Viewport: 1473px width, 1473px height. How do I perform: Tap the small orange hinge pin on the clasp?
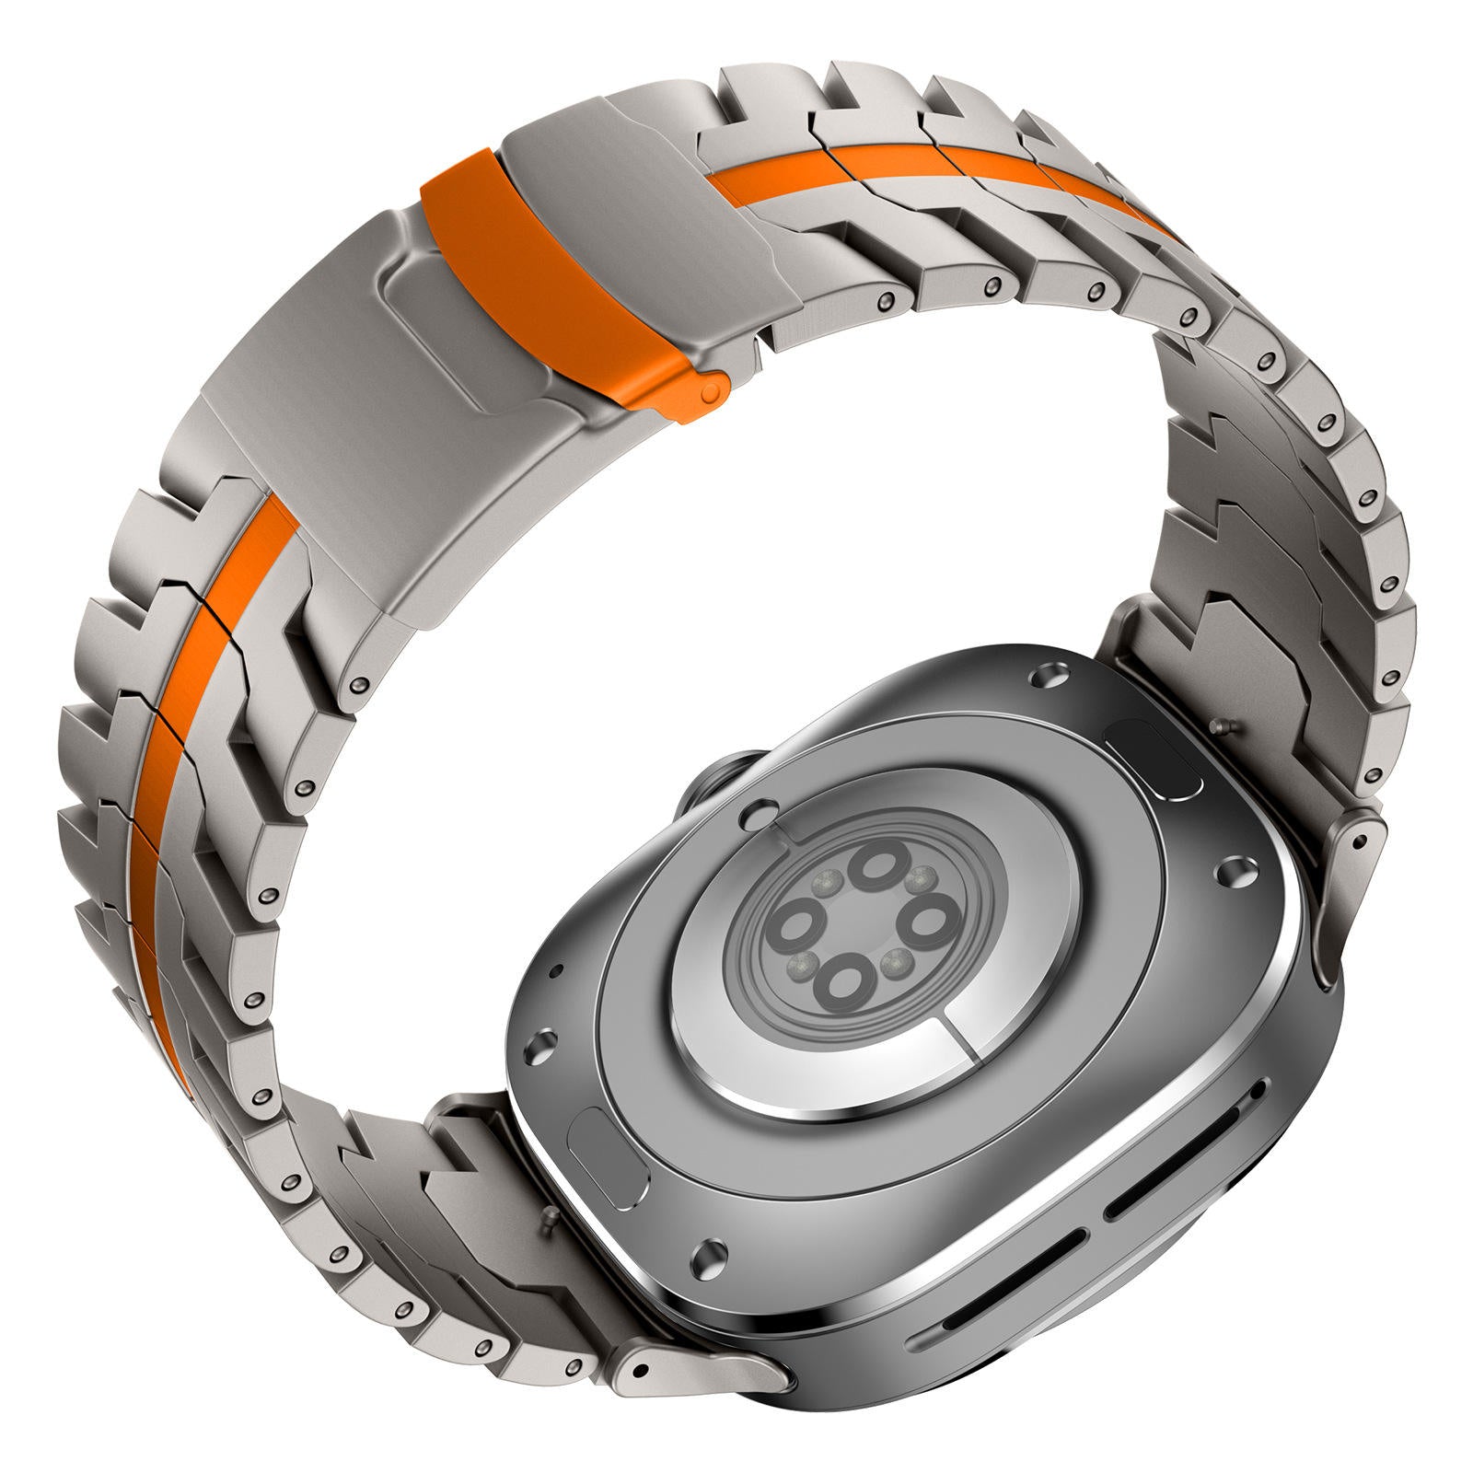click(x=710, y=392)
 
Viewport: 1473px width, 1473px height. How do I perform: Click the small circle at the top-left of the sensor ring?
click(x=760, y=813)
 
